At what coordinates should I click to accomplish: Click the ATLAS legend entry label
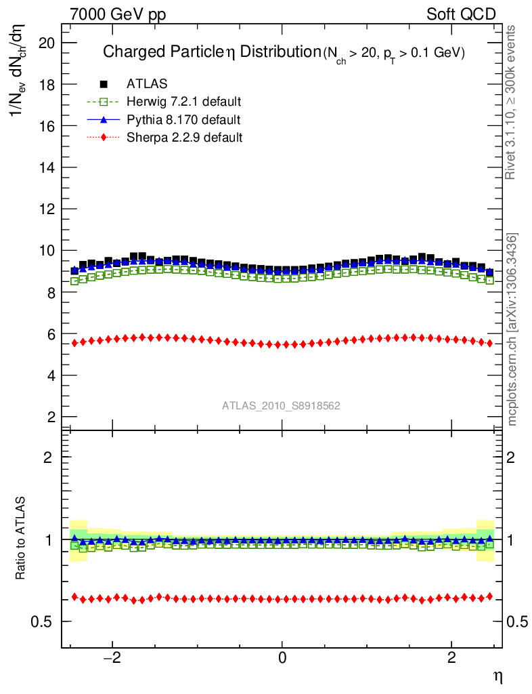[147, 84]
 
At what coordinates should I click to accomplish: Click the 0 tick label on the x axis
[282, 657]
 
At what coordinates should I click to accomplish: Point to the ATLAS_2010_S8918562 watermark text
[281, 406]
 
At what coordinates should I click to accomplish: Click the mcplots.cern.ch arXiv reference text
[512, 329]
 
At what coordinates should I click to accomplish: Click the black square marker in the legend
[104, 84]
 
